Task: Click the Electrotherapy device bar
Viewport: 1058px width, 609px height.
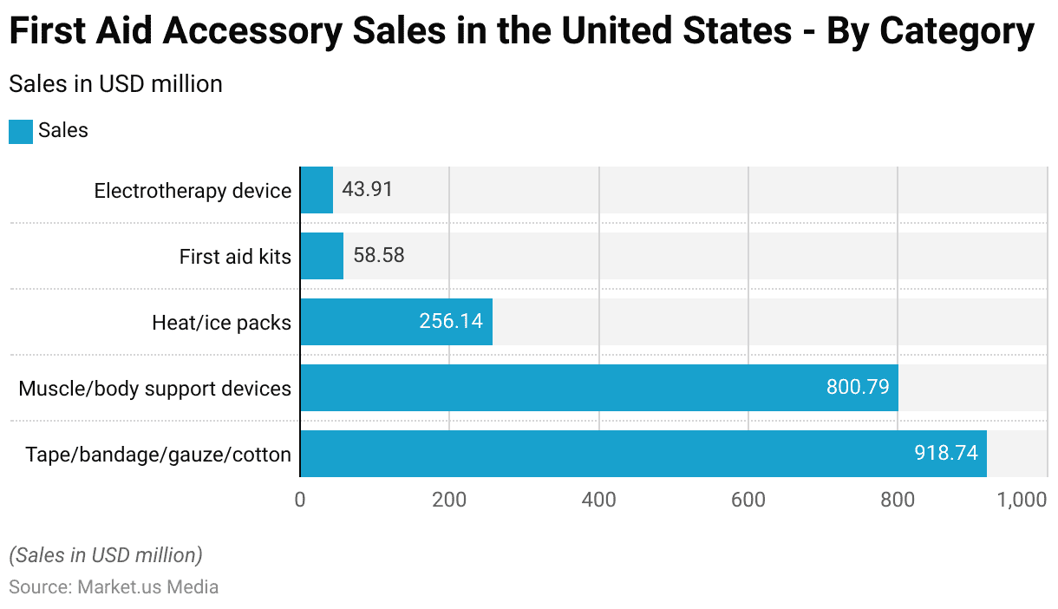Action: click(x=317, y=190)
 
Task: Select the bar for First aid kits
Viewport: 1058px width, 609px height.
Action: click(x=322, y=256)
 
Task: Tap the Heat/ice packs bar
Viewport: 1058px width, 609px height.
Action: click(x=396, y=322)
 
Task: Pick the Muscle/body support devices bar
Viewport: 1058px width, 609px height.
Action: click(x=598, y=388)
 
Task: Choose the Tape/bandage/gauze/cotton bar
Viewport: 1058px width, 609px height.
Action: click(x=643, y=454)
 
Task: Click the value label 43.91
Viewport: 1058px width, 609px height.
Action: click(x=368, y=190)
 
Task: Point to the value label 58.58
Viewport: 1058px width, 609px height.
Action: click(x=379, y=256)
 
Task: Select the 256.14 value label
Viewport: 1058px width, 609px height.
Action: click(x=451, y=322)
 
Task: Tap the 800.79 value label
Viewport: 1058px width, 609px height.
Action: click(x=858, y=388)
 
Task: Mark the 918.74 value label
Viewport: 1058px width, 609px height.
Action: click(x=946, y=454)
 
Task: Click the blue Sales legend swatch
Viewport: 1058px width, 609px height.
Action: click(x=21, y=131)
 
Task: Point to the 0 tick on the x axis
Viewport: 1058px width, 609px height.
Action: click(x=300, y=501)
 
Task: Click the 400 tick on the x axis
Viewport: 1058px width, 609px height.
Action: click(x=599, y=501)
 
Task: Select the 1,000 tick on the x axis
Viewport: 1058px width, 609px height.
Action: click(x=1022, y=501)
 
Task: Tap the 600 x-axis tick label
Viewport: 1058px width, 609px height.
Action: click(x=748, y=501)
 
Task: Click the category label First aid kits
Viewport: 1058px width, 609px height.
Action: click(x=235, y=257)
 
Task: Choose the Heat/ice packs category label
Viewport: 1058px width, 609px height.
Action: click(x=221, y=323)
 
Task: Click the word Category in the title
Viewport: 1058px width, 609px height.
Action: click(x=957, y=32)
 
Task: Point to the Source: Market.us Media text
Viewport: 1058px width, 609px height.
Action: click(x=114, y=587)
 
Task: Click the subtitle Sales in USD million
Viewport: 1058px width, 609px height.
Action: click(x=115, y=84)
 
